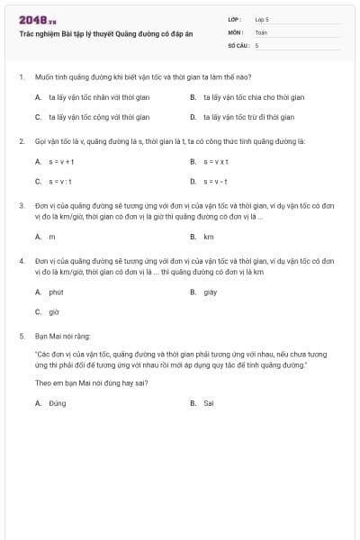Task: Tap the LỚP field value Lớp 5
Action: [x=262, y=19]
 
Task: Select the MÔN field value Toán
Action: [x=261, y=31]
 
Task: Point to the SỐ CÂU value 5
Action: [x=257, y=44]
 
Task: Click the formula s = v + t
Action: [x=61, y=161]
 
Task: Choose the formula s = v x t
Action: [x=216, y=161]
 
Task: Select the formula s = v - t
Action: [x=215, y=183]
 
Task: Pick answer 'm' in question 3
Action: [x=52, y=237]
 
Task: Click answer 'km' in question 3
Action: [x=209, y=237]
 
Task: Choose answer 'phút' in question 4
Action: [x=56, y=292]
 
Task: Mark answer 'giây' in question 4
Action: [x=211, y=292]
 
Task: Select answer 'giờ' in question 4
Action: [x=54, y=312]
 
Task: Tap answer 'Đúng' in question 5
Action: [x=58, y=403]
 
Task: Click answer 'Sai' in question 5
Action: [x=209, y=403]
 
